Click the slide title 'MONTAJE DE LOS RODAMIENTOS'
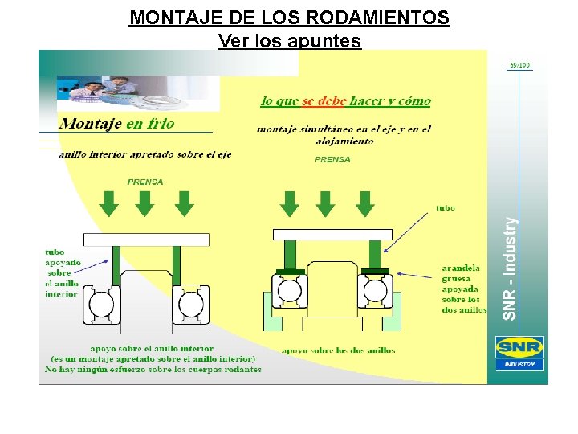(x=289, y=18)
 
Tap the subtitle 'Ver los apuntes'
(x=289, y=40)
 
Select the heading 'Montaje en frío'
(x=116, y=124)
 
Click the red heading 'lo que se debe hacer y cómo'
(x=346, y=101)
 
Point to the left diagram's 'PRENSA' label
(x=145, y=182)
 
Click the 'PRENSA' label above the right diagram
(x=332, y=159)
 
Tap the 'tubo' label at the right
(x=445, y=207)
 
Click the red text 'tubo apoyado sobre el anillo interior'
(x=62, y=272)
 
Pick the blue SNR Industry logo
(x=519, y=352)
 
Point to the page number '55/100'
(x=519, y=65)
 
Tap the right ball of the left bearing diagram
(x=192, y=305)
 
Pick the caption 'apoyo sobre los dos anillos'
(x=338, y=350)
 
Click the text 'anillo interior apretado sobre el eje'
(x=144, y=154)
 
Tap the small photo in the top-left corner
(x=137, y=93)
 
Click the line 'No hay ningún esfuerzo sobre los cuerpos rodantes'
(x=153, y=370)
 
